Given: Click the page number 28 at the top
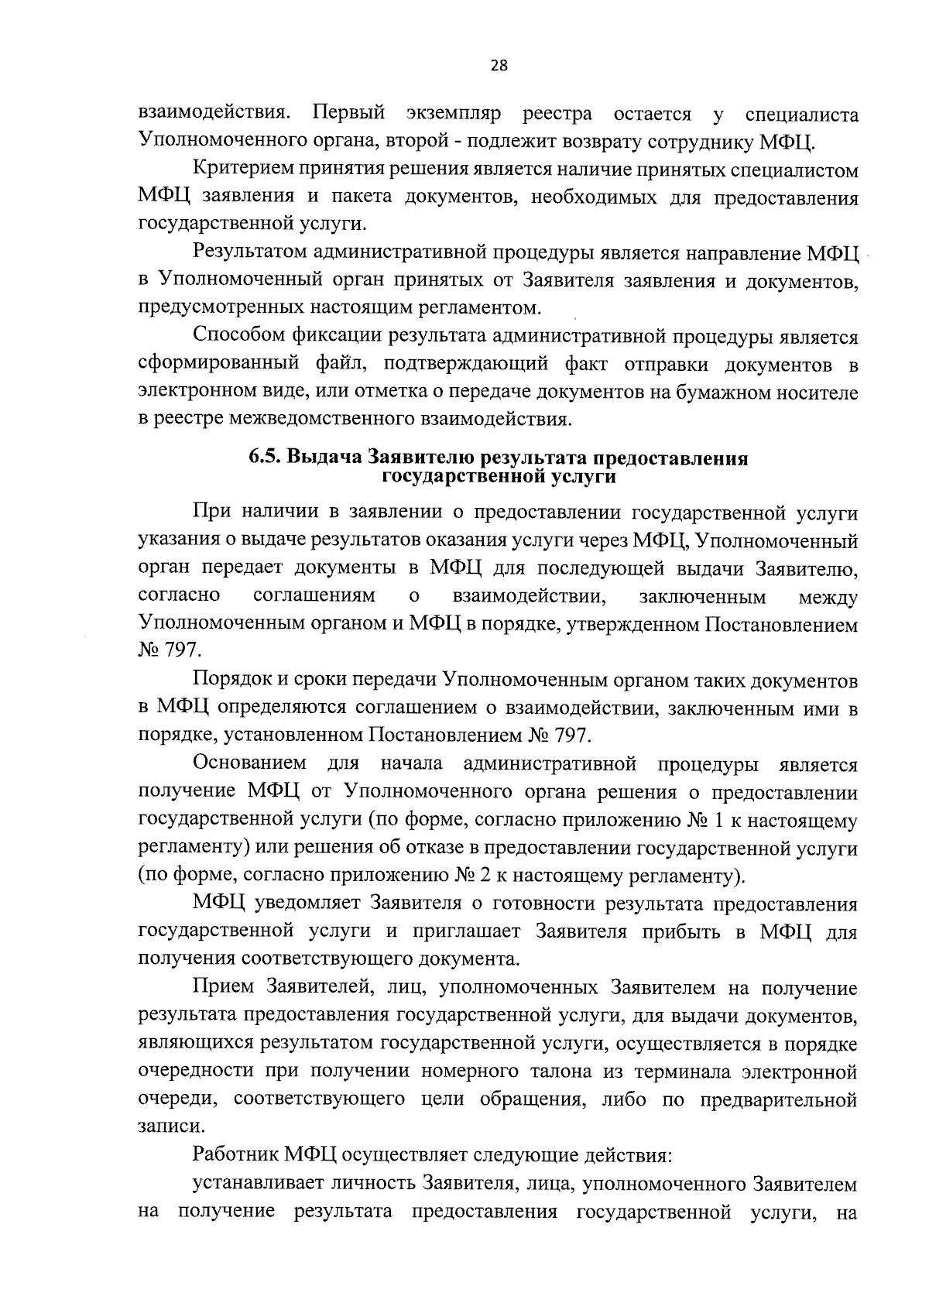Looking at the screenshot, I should [499, 66].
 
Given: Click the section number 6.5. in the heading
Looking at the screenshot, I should [265, 458].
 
